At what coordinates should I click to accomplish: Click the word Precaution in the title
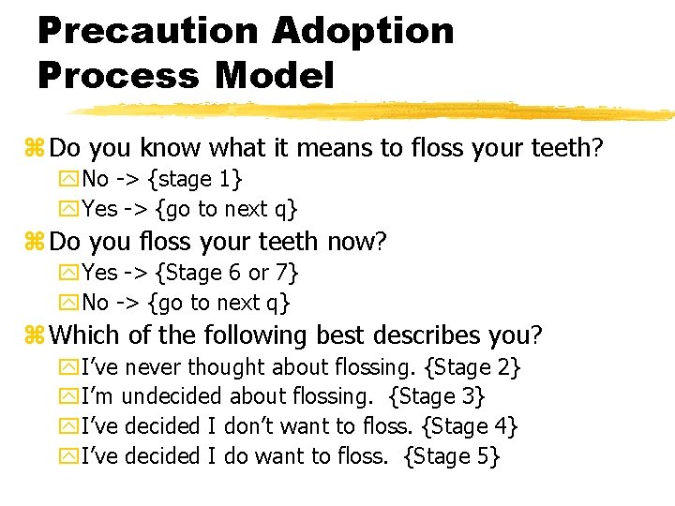(x=147, y=30)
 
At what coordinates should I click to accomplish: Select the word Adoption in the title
(x=363, y=30)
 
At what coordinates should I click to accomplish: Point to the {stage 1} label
(x=199, y=179)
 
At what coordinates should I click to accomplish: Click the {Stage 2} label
(x=472, y=367)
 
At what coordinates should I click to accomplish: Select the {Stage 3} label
(x=437, y=397)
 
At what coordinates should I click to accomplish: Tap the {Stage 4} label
(x=471, y=427)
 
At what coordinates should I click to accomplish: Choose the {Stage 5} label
(x=452, y=457)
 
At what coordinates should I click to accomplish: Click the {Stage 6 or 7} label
(x=228, y=273)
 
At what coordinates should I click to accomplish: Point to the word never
(x=154, y=368)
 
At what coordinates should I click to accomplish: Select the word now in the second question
(x=351, y=243)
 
